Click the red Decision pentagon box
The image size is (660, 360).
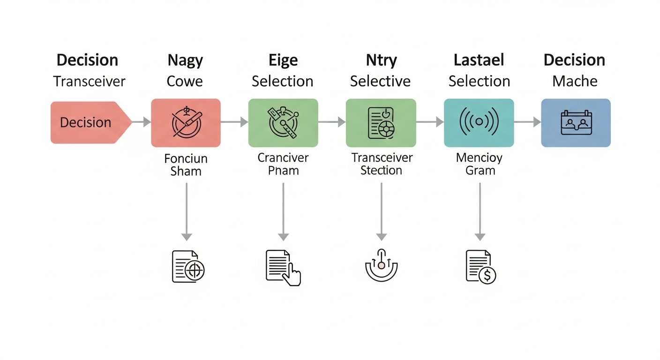(89, 122)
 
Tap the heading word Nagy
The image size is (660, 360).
(185, 60)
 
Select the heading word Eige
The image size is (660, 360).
(283, 60)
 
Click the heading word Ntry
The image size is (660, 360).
(381, 60)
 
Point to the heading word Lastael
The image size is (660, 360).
(479, 60)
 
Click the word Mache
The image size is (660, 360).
(574, 81)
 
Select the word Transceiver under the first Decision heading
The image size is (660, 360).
(89, 81)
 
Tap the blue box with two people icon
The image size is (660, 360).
(576, 123)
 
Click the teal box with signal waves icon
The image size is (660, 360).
(479, 123)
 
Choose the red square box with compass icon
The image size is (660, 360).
(186, 123)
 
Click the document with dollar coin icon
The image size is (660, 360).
(480, 267)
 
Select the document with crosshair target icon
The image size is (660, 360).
(187, 267)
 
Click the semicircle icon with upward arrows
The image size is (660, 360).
(381, 265)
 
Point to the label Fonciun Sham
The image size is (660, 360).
(186, 165)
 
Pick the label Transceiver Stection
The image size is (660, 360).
(381, 164)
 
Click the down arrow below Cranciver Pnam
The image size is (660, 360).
(283, 211)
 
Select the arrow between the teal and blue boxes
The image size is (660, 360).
(527, 122)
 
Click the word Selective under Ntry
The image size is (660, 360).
(380, 81)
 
